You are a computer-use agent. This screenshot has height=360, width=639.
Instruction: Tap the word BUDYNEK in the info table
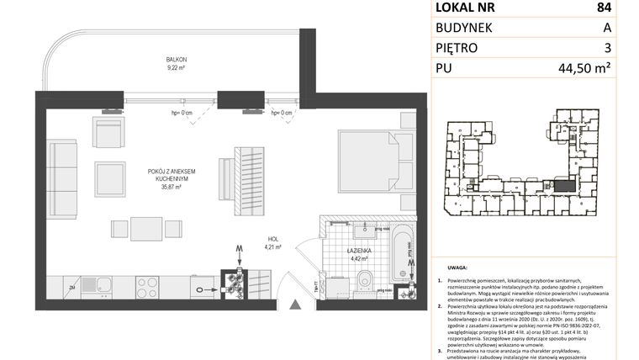point(463,29)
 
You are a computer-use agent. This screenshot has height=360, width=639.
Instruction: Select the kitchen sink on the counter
point(102,288)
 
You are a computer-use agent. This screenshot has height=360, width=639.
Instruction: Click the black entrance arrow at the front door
point(293,307)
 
